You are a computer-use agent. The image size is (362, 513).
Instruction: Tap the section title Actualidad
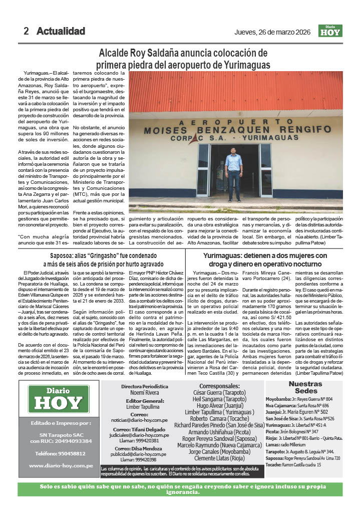pos(61,31)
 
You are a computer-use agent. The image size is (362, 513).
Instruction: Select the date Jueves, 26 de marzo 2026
pos(272,32)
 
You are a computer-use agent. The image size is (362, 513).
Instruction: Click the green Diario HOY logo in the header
pos(330,31)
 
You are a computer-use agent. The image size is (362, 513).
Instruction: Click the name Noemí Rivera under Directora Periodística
pos(144,393)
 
